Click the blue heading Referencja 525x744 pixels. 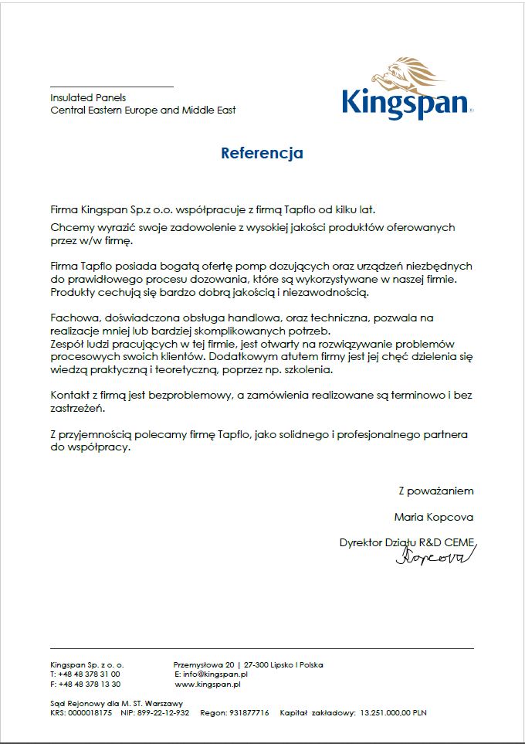click(x=262, y=153)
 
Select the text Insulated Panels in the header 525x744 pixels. click(x=88, y=98)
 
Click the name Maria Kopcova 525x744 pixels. click(x=433, y=517)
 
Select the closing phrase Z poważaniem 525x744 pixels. click(x=435, y=491)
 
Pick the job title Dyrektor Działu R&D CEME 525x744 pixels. click(x=407, y=542)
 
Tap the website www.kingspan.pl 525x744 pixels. click(x=208, y=685)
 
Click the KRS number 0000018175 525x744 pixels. click(x=89, y=713)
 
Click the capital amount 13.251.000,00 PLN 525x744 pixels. click(x=393, y=713)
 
